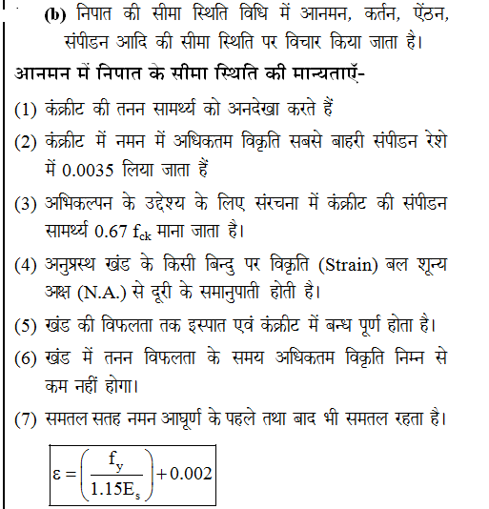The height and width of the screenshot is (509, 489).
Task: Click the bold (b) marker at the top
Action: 51,17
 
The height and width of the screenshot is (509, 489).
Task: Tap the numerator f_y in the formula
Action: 115,460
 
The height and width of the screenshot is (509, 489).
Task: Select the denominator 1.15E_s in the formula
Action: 115,489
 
